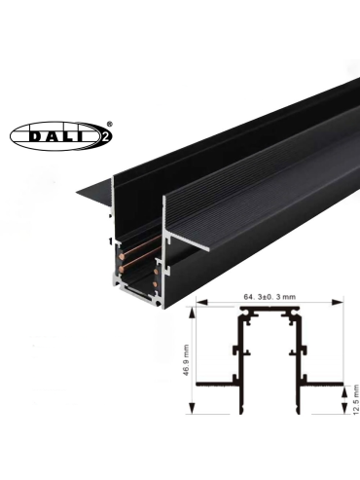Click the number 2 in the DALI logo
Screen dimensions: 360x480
coord(105,136)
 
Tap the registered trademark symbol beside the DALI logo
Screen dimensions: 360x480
coord(109,124)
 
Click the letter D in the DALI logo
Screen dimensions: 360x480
coord(36,136)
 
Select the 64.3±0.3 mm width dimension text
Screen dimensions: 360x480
coord(270,297)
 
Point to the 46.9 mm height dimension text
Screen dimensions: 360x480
coord(186,360)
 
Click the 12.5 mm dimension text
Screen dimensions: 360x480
coord(356,399)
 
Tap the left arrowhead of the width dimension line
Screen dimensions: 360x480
coord(201,303)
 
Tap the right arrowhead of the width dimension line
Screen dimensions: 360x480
coord(338,303)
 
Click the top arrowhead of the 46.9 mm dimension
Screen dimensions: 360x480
coord(193,313)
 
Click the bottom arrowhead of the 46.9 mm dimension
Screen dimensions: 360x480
coord(193,408)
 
